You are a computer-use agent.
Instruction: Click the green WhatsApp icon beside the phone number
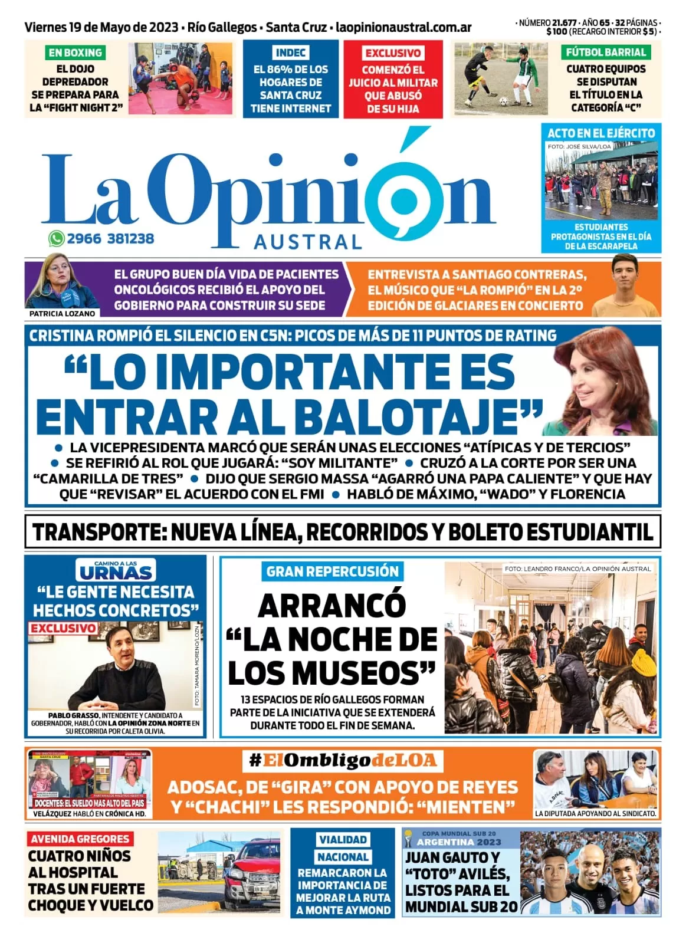click(x=56, y=238)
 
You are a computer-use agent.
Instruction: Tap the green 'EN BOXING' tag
click(x=75, y=52)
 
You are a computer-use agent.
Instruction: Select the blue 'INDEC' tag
click(x=290, y=52)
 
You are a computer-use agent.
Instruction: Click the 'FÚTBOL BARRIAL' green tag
click(x=606, y=52)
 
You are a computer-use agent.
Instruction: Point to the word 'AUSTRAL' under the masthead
click(x=308, y=242)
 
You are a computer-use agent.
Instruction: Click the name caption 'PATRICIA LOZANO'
click(x=62, y=314)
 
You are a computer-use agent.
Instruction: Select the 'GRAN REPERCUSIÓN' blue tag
click(x=333, y=571)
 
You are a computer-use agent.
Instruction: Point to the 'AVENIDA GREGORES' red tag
click(x=80, y=839)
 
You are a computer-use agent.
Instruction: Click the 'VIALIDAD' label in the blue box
click(x=343, y=839)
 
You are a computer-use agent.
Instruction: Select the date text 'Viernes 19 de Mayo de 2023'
click(x=102, y=27)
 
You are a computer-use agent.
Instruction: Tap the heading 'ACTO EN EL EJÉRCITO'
click(x=601, y=133)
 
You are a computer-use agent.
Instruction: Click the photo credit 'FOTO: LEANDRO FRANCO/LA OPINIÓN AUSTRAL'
click(x=577, y=569)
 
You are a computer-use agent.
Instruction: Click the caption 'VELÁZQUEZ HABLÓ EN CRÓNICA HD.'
click(x=89, y=814)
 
